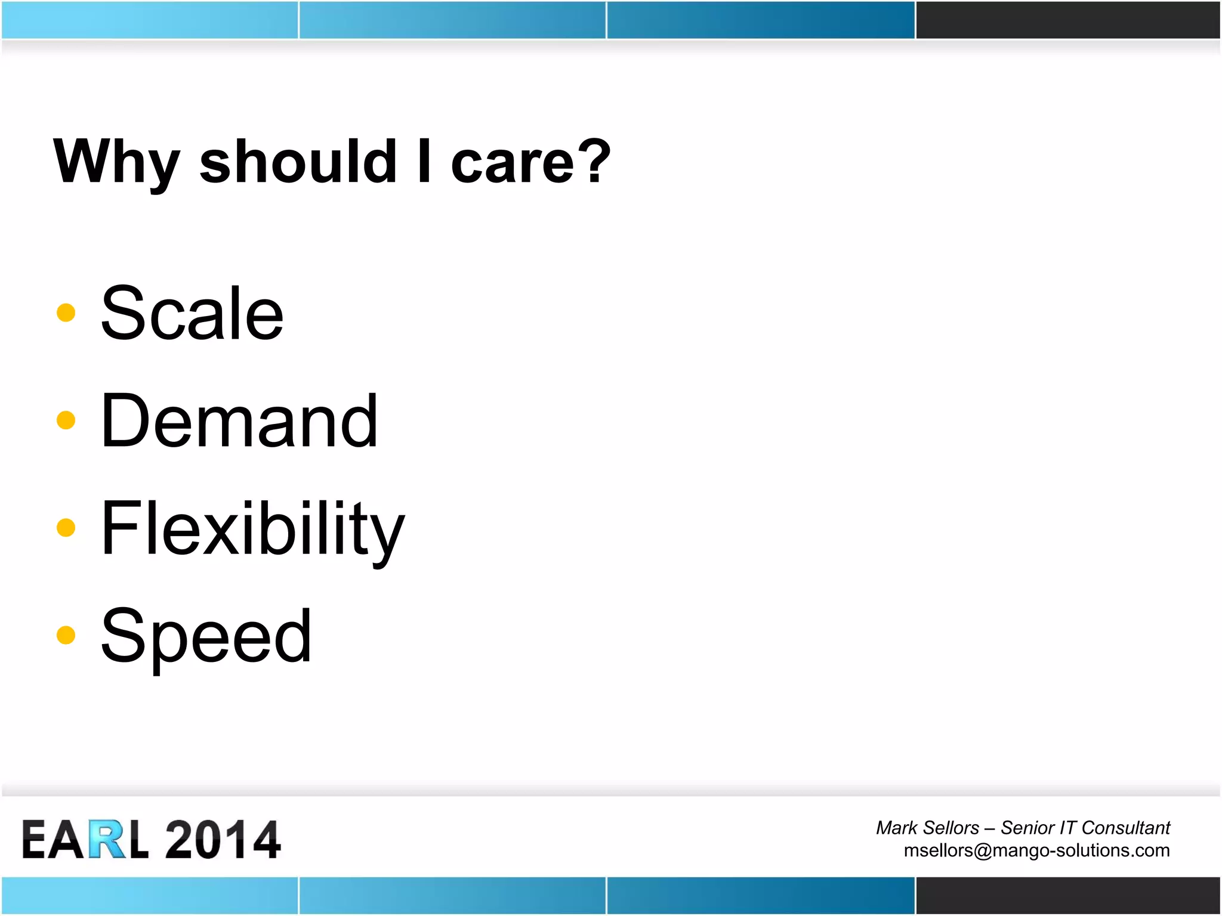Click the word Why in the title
[x=116, y=162]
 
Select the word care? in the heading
[x=530, y=162]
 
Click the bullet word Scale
[x=192, y=314]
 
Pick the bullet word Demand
[x=239, y=421]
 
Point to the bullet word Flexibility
[x=252, y=530]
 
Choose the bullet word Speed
[x=206, y=636]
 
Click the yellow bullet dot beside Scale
[x=66, y=312]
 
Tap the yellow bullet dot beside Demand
[x=66, y=420]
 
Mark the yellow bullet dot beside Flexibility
[x=66, y=527]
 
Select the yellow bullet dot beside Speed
[x=66, y=635]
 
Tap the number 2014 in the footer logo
[x=222, y=840]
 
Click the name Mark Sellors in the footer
[x=927, y=828]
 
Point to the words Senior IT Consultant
[x=1085, y=828]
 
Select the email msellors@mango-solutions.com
[x=1036, y=850]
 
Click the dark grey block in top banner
[x=1067, y=20]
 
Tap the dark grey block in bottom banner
[x=1067, y=895]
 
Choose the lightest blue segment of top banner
[x=149, y=20]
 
